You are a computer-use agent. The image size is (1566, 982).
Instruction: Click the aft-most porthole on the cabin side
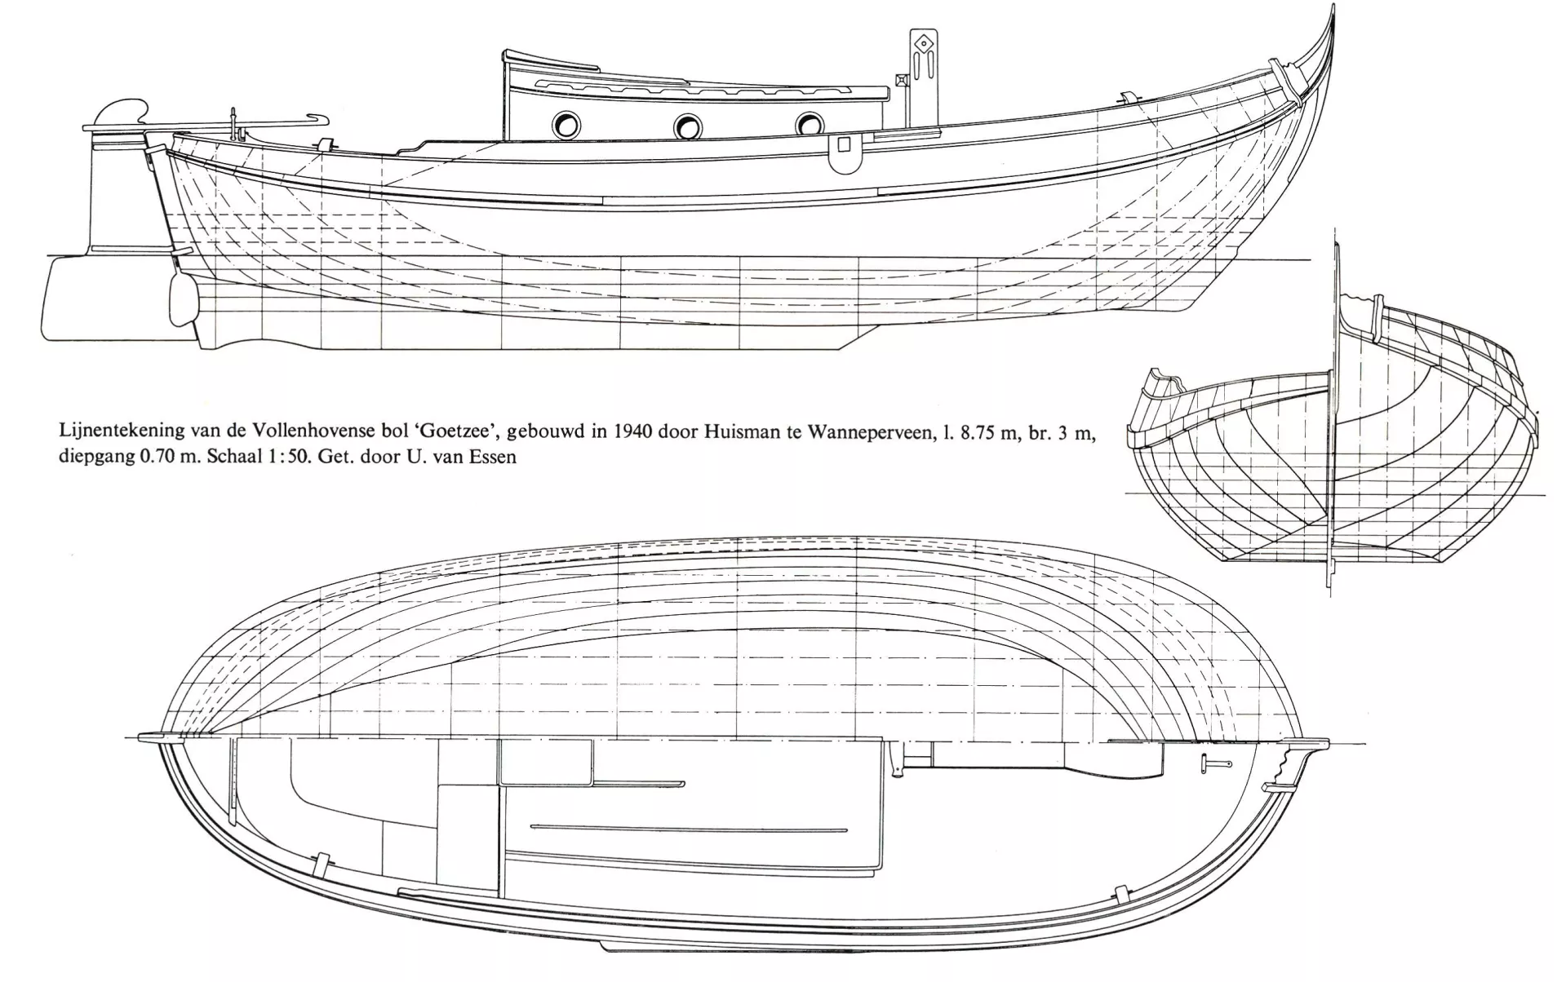pos(566,125)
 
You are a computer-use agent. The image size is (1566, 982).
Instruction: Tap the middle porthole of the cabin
pos(688,126)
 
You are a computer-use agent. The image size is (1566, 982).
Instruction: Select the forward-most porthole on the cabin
pos(809,124)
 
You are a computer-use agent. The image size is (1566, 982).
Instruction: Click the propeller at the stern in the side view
pos(184,303)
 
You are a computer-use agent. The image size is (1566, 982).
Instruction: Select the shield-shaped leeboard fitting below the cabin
pos(844,153)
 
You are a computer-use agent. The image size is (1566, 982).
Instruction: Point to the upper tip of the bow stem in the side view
pos(1333,7)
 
